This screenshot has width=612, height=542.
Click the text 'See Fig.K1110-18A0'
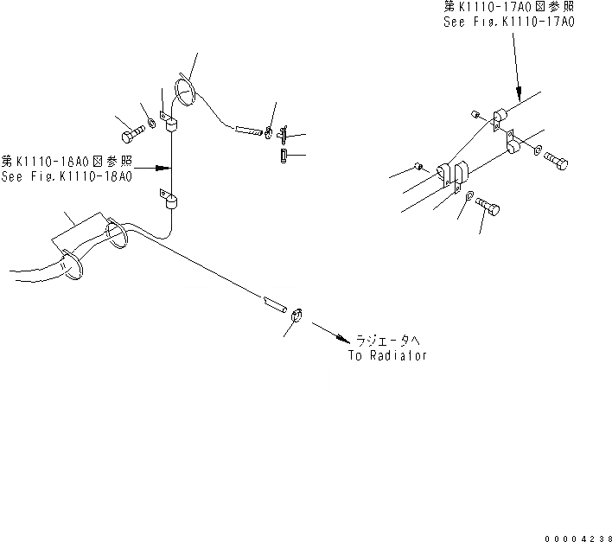pos(67,176)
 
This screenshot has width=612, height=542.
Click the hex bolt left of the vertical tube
pos(129,136)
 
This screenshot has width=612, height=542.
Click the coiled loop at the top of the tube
pos(183,91)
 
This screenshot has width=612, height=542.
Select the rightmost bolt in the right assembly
pos(557,162)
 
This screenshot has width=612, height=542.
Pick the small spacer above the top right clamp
pos(475,113)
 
